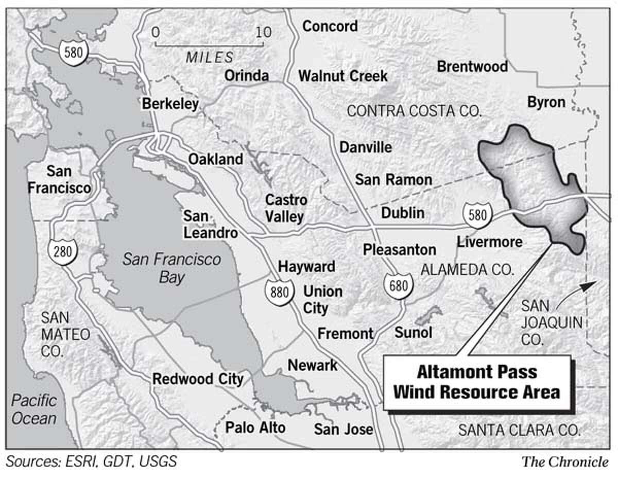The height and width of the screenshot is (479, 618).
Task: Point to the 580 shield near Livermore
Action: [477, 215]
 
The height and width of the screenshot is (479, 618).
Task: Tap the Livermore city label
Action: [489, 241]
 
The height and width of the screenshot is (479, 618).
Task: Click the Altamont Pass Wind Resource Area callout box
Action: [477, 382]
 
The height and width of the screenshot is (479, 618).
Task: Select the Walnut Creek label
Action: [343, 76]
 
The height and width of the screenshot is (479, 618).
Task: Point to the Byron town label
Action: [546, 102]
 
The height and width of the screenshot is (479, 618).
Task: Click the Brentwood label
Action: [472, 66]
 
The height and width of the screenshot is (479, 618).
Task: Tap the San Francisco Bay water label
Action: [171, 268]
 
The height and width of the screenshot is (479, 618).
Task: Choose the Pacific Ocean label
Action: [34, 409]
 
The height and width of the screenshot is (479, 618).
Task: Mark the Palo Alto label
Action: [255, 427]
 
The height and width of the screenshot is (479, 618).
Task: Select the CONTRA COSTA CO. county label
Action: [414, 111]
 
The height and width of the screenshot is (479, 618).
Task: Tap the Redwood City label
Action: [198, 379]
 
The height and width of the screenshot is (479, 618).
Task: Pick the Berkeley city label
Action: [170, 104]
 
